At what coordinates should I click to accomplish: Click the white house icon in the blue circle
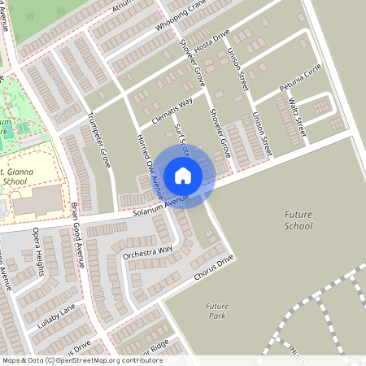point(183,175)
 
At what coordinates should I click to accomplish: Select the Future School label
point(298,220)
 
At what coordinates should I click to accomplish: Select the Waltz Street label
point(296,118)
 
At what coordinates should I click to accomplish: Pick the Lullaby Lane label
point(55,315)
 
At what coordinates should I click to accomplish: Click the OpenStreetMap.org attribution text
point(106,359)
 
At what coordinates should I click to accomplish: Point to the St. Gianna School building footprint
point(37,200)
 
